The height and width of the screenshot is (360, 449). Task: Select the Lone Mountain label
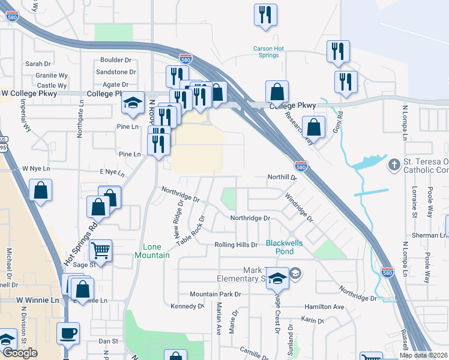[x=156, y=251]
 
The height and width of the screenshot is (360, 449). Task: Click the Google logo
[x=20, y=353]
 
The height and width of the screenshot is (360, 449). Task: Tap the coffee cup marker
[x=68, y=332]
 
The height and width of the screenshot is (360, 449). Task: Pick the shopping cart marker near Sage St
[x=101, y=251]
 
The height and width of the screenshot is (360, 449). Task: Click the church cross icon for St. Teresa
[x=394, y=164]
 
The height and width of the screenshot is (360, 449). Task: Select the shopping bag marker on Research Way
[x=313, y=127]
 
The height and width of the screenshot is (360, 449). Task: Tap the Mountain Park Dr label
[x=215, y=294]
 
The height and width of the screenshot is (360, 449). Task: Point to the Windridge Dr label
[x=299, y=207]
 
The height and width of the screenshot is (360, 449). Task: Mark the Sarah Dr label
[x=38, y=64]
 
